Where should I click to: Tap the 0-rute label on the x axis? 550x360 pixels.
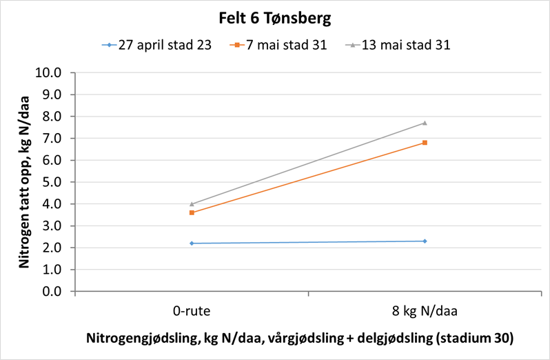pos(192,311)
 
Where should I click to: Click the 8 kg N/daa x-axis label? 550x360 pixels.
pos(425,311)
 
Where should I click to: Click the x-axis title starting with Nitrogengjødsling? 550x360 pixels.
pos(300,339)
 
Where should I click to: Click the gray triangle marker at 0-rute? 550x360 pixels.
pos(192,204)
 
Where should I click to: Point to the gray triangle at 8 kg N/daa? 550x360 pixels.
pos(425,123)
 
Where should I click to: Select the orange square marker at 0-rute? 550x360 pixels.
pos(192,212)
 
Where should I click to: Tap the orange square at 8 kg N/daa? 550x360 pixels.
pos(425,143)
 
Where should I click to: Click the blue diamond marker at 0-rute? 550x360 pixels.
pos(192,243)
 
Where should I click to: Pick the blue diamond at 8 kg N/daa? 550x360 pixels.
pos(425,241)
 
